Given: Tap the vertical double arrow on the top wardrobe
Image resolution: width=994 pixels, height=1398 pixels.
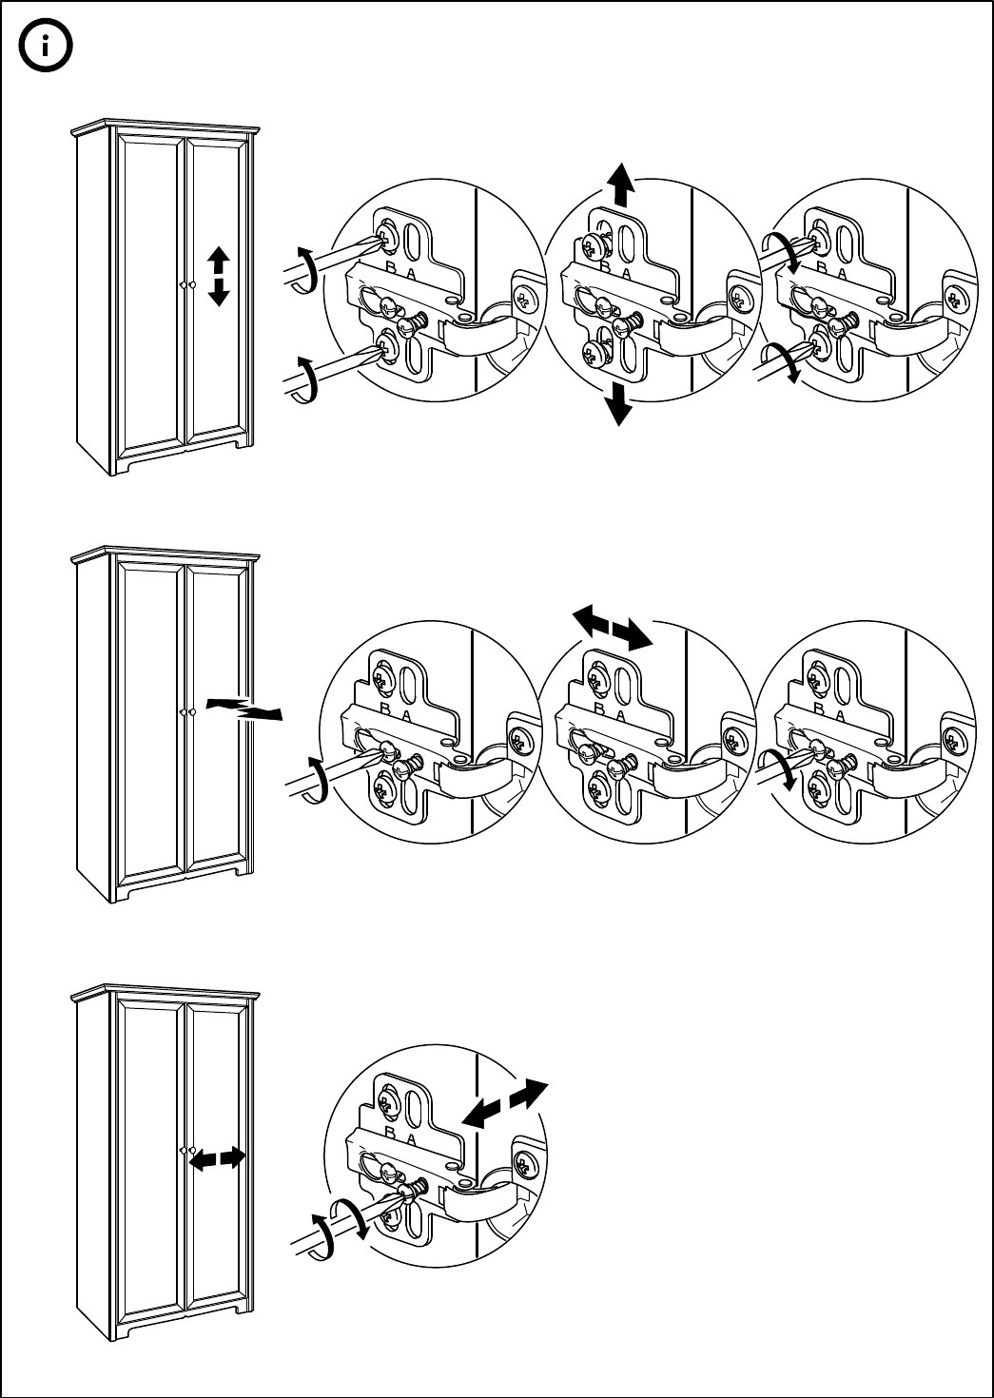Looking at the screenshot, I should point(219,276).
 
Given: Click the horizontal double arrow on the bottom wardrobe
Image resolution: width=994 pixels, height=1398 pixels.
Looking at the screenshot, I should point(218,1158).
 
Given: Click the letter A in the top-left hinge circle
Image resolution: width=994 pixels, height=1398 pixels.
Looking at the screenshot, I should point(411,273).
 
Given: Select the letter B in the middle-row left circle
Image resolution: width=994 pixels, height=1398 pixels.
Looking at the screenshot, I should point(386,709).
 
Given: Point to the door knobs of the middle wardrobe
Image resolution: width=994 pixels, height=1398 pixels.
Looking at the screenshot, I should point(186,711).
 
